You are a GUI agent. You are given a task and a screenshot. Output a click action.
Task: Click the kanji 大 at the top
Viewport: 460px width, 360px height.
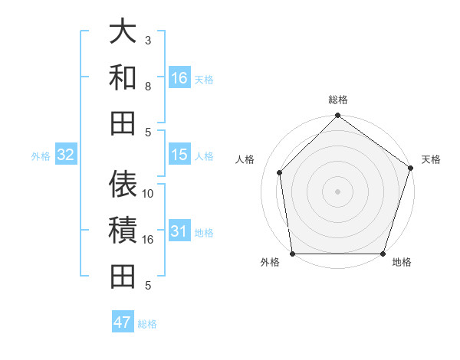tap(123, 33)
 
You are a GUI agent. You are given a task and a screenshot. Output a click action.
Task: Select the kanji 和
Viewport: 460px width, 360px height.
tap(123, 77)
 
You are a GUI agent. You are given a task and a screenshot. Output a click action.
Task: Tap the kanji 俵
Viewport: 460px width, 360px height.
tap(123, 185)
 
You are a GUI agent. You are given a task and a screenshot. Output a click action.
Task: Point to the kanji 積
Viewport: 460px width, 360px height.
tap(123, 231)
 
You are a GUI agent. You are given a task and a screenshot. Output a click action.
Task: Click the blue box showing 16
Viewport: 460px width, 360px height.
tap(179, 78)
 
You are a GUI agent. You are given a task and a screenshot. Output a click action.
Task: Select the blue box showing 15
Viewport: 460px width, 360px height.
tap(179, 155)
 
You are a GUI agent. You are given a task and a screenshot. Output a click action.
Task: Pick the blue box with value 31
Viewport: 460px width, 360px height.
tap(179, 231)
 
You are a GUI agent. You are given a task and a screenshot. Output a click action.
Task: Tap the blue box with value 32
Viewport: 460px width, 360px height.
tap(66, 155)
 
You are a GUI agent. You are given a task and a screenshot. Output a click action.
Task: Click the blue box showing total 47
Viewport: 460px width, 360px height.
tap(123, 322)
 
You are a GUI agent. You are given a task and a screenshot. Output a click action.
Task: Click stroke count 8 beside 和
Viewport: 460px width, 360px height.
tap(148, 87)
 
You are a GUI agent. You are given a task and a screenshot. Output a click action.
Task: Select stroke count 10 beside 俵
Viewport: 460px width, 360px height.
tap(148, 194)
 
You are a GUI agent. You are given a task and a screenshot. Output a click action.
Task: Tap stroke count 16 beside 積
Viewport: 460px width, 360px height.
tap(148, 240)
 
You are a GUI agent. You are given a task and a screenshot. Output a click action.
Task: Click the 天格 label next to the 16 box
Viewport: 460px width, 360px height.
tap(204, 80)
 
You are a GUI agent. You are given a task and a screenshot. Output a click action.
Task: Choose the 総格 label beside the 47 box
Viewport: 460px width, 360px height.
tap(147, 323)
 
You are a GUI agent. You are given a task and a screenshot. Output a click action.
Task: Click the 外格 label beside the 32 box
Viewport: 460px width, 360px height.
tap(41, 156)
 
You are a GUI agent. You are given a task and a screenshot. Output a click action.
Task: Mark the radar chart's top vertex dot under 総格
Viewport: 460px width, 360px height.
tap(337, 116)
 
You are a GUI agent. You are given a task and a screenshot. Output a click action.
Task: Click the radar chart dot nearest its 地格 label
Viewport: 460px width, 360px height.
tap(383, 254)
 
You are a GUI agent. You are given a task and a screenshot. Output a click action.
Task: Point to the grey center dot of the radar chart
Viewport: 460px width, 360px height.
tap(337, 191)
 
